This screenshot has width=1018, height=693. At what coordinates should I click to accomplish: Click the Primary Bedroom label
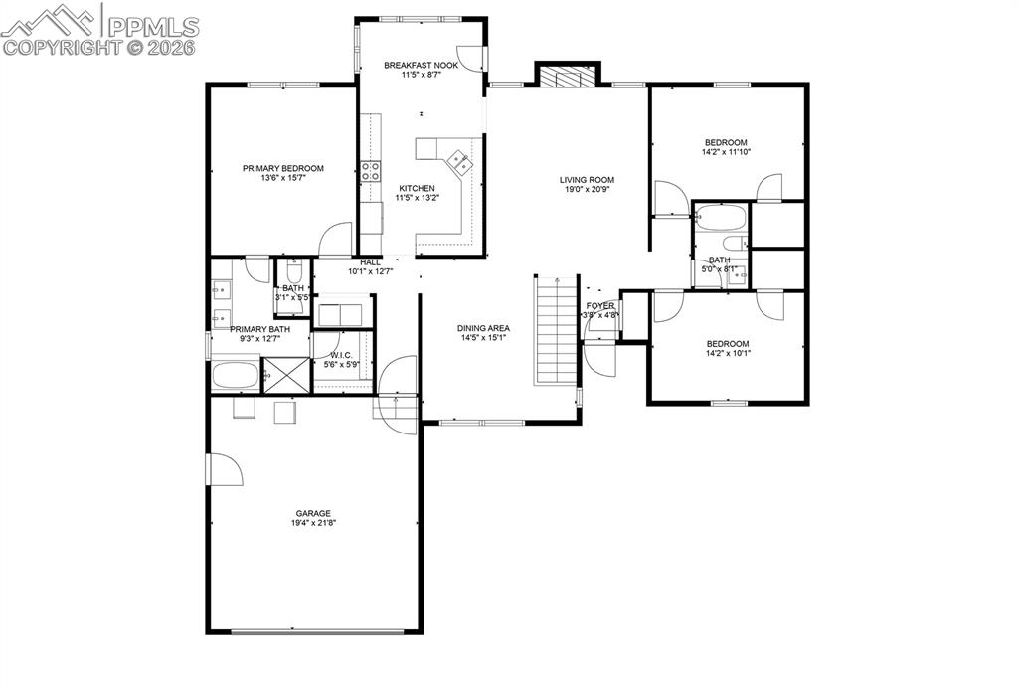[x=283, y=168]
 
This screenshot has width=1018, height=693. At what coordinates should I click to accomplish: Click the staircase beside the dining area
[x=557, y=330]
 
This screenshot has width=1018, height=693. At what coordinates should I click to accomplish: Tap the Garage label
[x=312, y=513]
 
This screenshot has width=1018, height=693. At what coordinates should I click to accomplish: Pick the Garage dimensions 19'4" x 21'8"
[x=312, y=523]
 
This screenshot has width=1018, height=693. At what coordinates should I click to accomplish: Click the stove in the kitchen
[x=371, y=171]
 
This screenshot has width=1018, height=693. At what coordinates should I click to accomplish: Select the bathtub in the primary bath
[x=235, y=376]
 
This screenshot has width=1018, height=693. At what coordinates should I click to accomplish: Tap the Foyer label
[x=599, y=305]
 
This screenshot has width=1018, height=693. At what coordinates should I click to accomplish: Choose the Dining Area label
[x=483, y=327]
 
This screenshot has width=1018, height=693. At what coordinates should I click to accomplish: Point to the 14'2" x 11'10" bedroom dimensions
[x=726, y=152]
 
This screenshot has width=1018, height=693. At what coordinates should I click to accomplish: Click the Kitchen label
[x=417, y=188]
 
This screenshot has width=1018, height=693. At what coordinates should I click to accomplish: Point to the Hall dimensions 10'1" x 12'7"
[x=371, y=271]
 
